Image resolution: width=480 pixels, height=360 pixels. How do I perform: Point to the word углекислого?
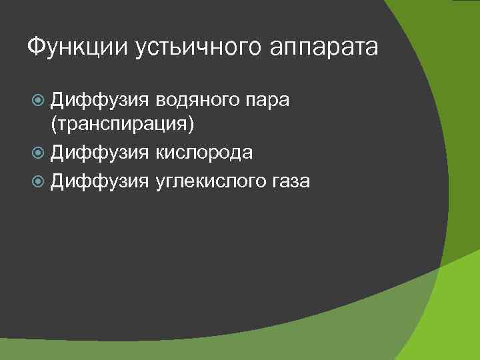tap(214, 180)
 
